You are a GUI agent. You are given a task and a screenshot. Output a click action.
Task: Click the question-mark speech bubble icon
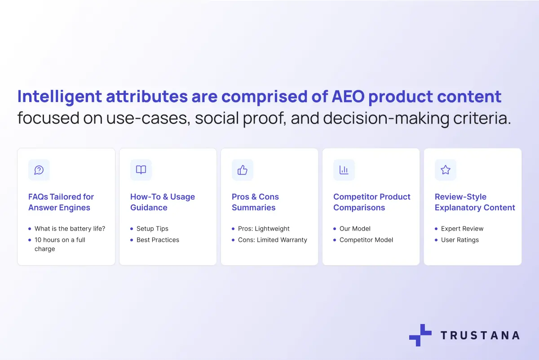[x=39, y=170]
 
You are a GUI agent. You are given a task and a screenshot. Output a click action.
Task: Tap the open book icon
[x=141, y=169]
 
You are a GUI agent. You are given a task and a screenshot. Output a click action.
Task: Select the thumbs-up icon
[x=242, y=170]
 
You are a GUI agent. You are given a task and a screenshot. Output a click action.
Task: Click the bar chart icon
[x=344, y=170]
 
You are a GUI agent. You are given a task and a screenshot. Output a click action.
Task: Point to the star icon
[x=446, y=170]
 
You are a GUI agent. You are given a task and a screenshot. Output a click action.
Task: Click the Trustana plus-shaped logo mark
[x=420, y=335]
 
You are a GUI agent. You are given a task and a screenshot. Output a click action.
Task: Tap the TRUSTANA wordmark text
[x=480, y=335]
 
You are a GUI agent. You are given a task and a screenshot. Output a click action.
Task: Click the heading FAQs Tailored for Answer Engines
[x=61, y=202]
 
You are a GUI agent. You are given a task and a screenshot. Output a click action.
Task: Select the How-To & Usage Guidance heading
[x=163, y=202]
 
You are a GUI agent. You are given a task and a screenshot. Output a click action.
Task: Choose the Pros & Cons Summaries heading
[x=255, y=202]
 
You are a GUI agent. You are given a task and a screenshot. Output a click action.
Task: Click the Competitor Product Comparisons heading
[x=372, y=202]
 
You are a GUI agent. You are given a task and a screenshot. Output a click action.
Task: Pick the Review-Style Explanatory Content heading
[x=475, y=202]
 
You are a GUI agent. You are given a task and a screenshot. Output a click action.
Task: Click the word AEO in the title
[x=348, y=96]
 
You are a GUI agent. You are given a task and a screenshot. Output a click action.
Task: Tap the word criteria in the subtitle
[x=482, y=118]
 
